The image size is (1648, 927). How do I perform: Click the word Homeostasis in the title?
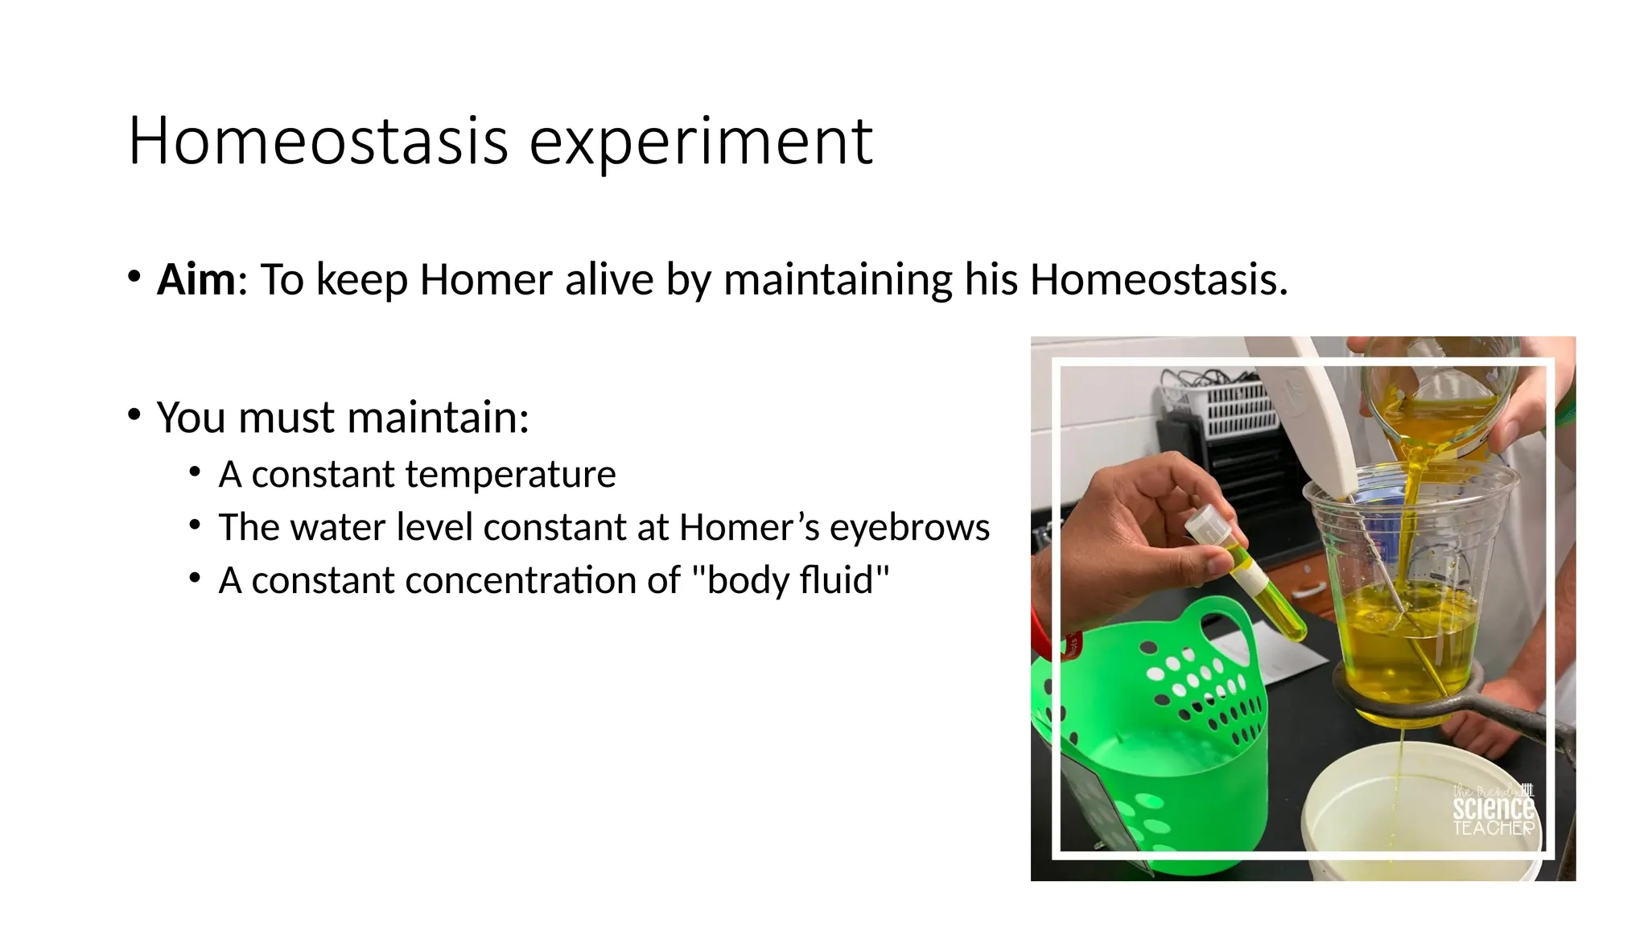point(318,141)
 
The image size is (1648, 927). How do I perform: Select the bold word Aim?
point(196,280)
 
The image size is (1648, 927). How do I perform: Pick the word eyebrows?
point(909,528)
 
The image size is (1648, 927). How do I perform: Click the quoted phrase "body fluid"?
point(790,580)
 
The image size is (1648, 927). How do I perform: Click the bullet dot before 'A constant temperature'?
point(194,472)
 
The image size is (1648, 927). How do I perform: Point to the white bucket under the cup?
point(1416,813)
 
